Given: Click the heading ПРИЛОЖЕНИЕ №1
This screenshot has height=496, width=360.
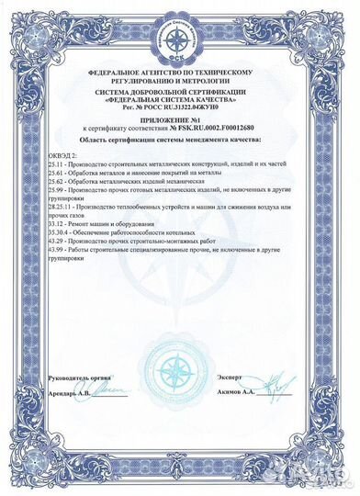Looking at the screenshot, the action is point(182,119).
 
